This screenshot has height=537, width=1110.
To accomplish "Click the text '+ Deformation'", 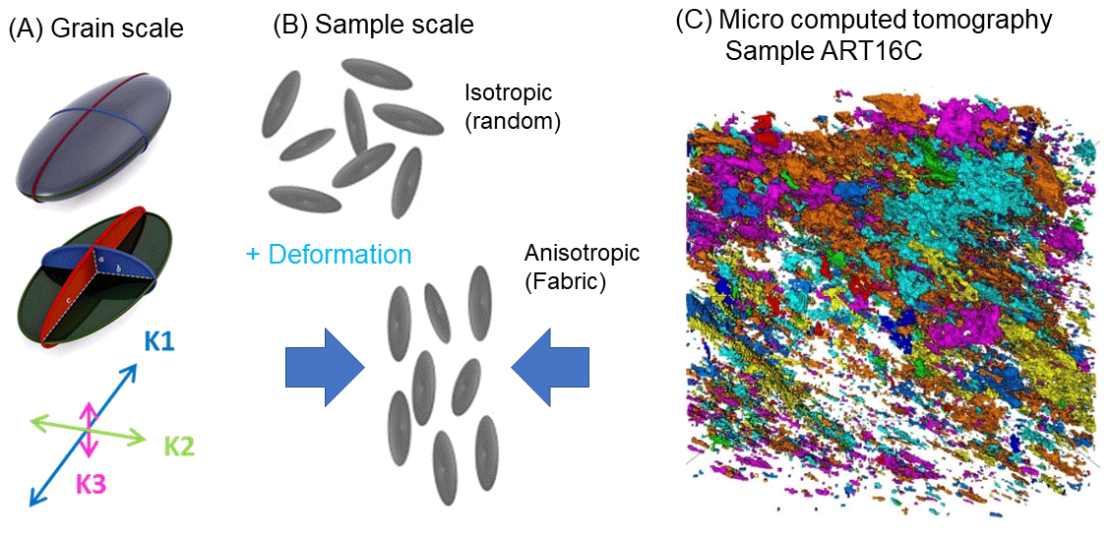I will (328, 255).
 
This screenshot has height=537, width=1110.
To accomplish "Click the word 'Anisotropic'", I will (582, 254).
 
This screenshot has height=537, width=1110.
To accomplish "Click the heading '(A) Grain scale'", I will (96, 29).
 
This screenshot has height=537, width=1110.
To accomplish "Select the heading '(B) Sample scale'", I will (374, 25).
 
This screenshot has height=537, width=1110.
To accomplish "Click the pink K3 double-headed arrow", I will (90, 429).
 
